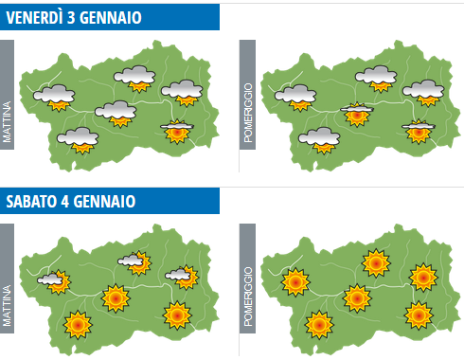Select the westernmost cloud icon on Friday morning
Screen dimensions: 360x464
click(56, 95)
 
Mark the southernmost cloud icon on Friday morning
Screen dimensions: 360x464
click(79, 140)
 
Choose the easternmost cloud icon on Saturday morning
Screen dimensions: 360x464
click(179, 277)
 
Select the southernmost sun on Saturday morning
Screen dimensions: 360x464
click(78, 326)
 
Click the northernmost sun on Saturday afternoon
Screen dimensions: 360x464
click(376, 262)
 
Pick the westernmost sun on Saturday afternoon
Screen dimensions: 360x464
click(296, 281)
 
